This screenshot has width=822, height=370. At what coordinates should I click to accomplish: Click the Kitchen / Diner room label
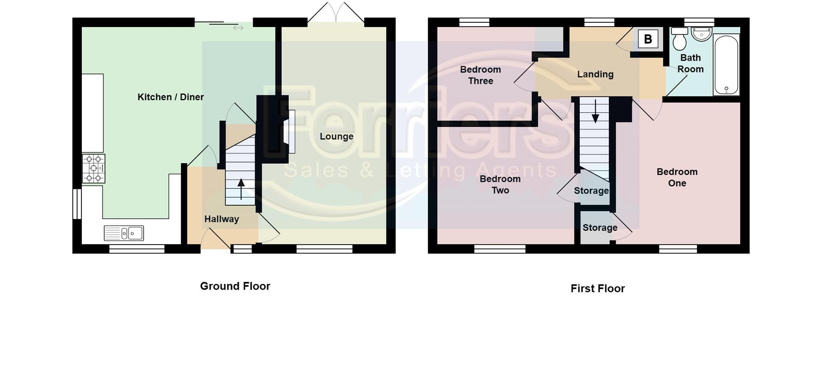(170, 97)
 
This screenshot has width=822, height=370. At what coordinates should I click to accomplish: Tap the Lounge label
(337, 137)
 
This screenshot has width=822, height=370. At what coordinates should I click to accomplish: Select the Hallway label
(221, 219)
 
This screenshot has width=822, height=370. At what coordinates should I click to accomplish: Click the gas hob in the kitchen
(94, 169)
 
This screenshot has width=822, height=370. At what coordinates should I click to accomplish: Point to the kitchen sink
(124, 233)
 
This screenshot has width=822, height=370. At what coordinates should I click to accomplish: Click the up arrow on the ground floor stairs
(241, 189)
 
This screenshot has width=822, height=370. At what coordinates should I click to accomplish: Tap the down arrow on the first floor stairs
(595, 111)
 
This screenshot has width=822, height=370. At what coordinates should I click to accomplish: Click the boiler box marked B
(648, 39)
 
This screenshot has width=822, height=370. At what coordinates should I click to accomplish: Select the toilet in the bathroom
(679, 39)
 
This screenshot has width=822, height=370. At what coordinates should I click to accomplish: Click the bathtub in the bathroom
(726, 65)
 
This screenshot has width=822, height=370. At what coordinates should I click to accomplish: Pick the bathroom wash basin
(702, 34)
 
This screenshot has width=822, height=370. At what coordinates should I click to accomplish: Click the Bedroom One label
(677, 177)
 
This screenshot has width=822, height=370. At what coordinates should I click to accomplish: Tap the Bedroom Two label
(500, 185)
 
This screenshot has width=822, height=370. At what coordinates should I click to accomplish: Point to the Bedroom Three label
(480, 75)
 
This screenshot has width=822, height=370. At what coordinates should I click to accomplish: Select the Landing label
(595, 75)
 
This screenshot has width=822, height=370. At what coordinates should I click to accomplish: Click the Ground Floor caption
(235, 286)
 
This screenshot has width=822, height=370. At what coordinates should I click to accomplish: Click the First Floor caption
(598, 289)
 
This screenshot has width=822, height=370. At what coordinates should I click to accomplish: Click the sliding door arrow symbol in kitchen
(238, 28)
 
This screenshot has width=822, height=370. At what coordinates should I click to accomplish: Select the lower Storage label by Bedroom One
(600, 228)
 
